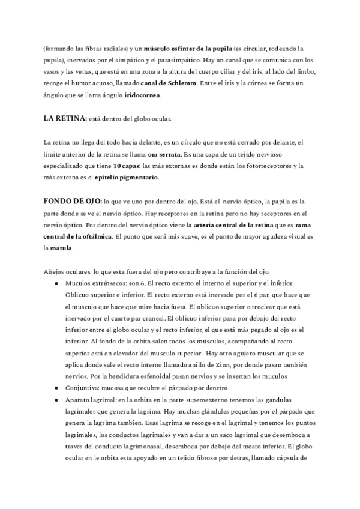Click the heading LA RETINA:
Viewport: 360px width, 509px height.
pyautogui.click(x=65, y=118)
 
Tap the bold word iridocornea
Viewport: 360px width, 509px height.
pyautogui.click(x=143, y=95)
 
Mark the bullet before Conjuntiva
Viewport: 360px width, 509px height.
pyautogui.click(x=56, y=388)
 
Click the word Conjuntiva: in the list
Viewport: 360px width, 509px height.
pyautogui.click(x=85, y=388)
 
